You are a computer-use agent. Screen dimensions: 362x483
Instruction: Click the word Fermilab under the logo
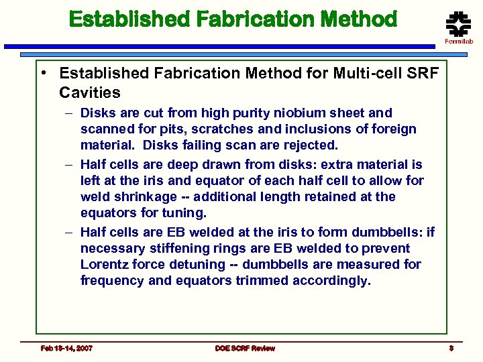tap(459, 42)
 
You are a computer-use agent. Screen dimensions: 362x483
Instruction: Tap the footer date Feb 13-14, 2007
tap(66, 348)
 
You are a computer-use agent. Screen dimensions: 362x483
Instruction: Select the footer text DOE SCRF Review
tap(245, 348)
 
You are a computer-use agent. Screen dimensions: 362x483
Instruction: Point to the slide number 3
tap(452, 348)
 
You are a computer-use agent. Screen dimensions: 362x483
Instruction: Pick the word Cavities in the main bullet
tap(90, 92)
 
